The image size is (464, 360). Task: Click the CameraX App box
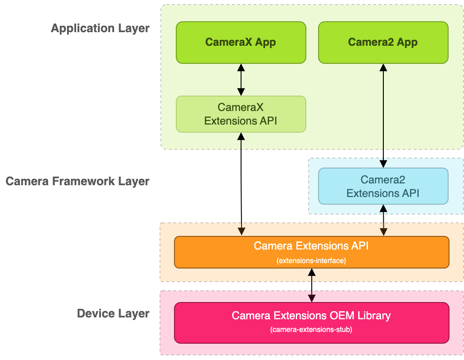241,43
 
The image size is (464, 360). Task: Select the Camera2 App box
383,43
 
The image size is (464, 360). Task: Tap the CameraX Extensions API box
241,114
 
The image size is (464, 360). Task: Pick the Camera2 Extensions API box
383,186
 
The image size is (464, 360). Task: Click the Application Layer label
100,28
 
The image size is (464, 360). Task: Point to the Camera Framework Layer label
77,181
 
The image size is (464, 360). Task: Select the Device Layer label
113,313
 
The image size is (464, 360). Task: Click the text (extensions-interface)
311,260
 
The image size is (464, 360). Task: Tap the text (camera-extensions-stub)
311,329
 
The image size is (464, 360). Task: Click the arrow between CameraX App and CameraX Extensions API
241,80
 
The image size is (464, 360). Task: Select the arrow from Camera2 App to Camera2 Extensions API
383,115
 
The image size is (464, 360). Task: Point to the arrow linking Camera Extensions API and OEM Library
312,285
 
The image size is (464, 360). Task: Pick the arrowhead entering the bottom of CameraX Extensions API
241,136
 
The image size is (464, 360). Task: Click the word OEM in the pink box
335,315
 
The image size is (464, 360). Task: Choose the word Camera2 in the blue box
383,180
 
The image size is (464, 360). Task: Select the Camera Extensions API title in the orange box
311,246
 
